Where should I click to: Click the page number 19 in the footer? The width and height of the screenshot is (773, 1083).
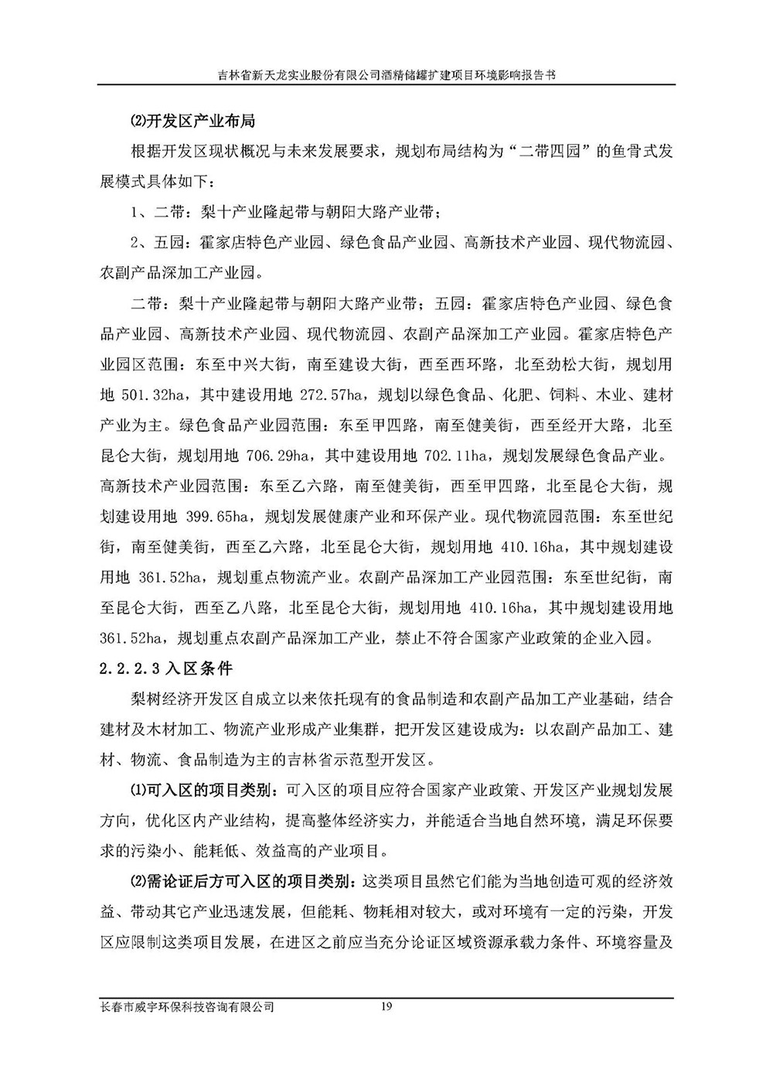pos(387,1006)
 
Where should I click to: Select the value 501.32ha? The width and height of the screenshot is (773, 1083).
pos(152,395)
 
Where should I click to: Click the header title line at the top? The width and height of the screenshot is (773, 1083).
pos(386,76)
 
